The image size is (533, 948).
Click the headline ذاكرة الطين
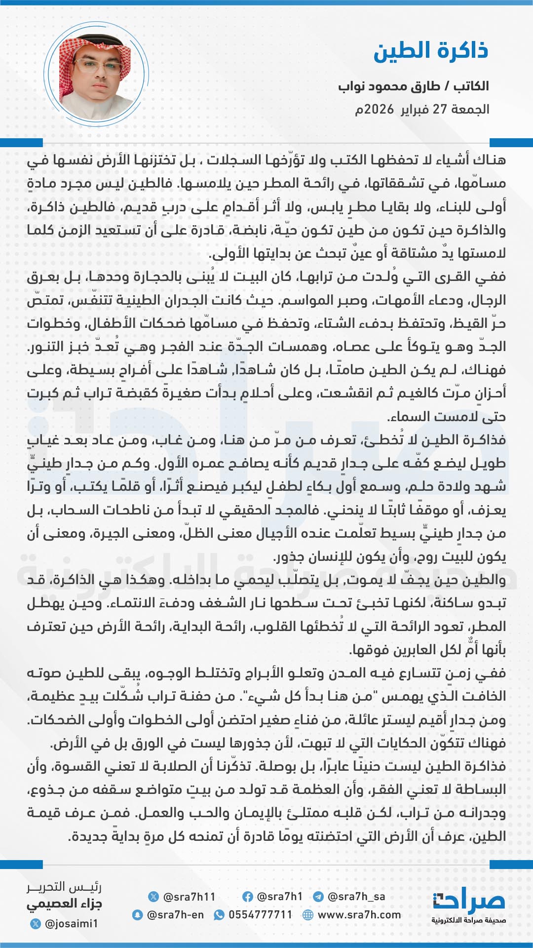(430, 51)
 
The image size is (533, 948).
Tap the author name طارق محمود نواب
(389, 86)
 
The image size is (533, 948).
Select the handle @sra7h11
(189, 897)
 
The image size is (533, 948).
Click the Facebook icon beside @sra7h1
(248, 897)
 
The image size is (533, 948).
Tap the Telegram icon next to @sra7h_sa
(318, 897)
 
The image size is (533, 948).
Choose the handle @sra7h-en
(175, 915)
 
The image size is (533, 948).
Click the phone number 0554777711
(260, 915)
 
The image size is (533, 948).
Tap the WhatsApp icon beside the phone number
(219, 915)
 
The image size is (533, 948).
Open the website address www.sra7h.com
(359, 915)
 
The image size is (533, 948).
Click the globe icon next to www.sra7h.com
(308, 915)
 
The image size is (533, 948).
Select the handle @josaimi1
(71, 923)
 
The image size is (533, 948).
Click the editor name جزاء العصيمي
(64, 905)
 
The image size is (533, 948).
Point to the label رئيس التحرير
(64, 887)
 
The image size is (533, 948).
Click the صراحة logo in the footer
(469, 903)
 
